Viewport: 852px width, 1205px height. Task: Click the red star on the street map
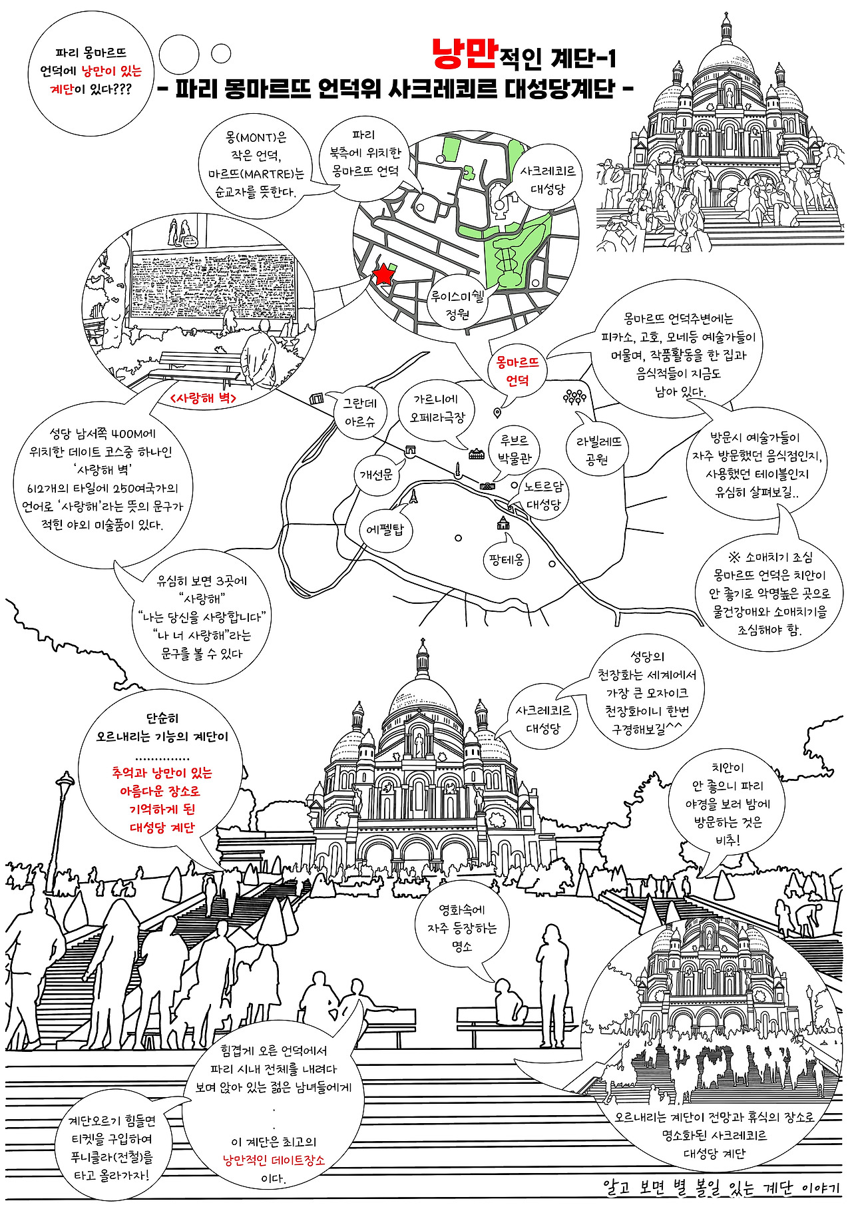pyautogui.click(x=383, y=274)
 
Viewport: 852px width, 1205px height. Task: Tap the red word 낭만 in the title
pyautogui.click(x=464, y=55)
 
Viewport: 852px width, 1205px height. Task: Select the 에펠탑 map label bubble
pyautogui.click(x=385, y=530)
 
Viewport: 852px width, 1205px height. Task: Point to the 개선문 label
pyautogui.click(x=376, y=475)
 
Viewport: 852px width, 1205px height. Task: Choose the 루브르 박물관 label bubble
pyautogui.click(x=515, y=449)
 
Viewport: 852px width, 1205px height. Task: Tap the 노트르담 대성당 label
pyautogui.click(x=544, y=495)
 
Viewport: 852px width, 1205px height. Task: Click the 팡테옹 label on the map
pyautogui.click(x=506, y=559)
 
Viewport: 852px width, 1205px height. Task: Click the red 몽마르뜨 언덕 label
pyautogui.click(x=517, y=371)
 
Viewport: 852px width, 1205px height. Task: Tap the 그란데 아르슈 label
pyautogui.click(x=359, y=412)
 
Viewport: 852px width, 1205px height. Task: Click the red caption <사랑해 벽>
pyautogui.click(x=203, y=398)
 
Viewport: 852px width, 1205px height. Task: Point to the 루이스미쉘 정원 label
pyautogui.click(x=457, y=305)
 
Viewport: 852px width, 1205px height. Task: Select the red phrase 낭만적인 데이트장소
pyautogui.click(x=274, y=1160)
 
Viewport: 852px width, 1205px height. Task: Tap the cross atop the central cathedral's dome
pyautogui.click(x=422, y=643)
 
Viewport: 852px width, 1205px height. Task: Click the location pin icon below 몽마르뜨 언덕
pyautogui.click(x=497, y=413)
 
